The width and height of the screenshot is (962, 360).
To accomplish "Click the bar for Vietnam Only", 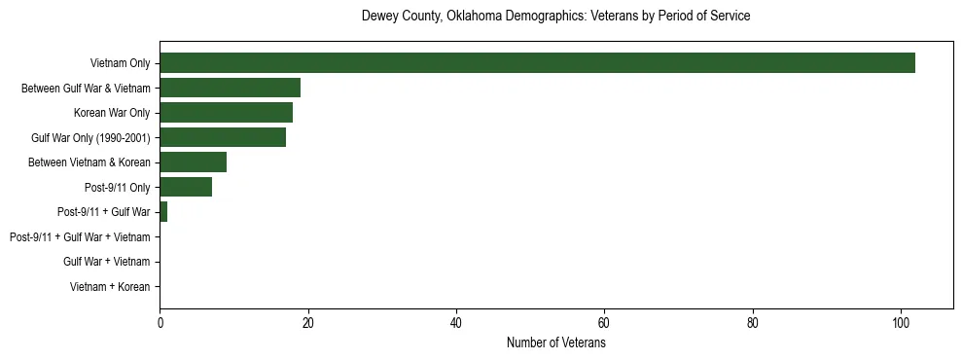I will click(x=537, y=63).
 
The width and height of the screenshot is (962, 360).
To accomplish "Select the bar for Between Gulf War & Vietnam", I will click(x=230, y=88).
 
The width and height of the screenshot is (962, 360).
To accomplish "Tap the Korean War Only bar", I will click(x=226, y=113).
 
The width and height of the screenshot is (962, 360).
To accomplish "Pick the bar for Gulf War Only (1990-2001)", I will click(x=223, y=137).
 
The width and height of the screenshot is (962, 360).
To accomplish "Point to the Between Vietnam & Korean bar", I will click(x=193, y=162).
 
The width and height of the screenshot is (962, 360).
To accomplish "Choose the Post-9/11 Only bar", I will click(x=186, y=187).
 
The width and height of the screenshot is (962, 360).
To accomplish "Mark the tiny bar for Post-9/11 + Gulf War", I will click(x=163, y=212).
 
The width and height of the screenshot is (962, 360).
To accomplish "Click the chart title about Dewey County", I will click(x=555, y=17).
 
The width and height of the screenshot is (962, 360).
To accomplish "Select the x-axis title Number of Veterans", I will click(x=555, y=343).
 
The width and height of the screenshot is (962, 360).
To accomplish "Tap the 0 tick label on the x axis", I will click(x=160, y=323).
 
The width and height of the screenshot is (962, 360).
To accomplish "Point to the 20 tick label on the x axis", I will click(x=308, y=323).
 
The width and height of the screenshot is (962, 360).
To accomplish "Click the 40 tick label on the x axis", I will click(x=456, y=323).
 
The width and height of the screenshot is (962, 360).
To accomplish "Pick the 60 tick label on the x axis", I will click(x=604, y=323).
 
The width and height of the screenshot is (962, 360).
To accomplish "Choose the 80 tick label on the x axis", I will click(x=753, y=323).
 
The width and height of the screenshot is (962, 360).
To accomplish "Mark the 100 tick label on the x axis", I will click(x=901, y=323).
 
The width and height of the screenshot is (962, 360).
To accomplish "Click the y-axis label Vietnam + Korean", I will click(x=110, y=287).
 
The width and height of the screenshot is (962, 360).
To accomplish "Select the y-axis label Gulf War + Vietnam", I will click(x=106, y=262).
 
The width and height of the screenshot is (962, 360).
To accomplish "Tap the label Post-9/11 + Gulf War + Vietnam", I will click(x=80, y=237).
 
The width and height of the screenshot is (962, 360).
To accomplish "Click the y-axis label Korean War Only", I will click(x=111, y=113).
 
